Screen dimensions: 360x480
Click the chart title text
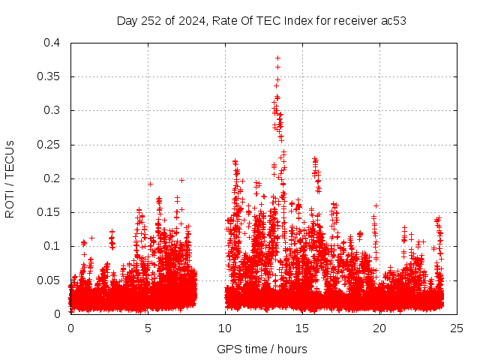(261, 20)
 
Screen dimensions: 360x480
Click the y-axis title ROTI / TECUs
(10, 178)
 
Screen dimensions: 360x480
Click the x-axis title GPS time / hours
(261, 349)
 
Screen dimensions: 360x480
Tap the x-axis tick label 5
(148, 328)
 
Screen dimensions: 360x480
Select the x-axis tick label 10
(225, 328)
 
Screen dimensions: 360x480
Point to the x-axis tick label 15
(302, 328)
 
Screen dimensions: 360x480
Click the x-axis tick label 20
(379, 328)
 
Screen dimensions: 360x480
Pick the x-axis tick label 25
(457, 328)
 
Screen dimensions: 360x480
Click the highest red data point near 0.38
(277, 58)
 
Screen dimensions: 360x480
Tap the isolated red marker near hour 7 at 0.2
(181, 180)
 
